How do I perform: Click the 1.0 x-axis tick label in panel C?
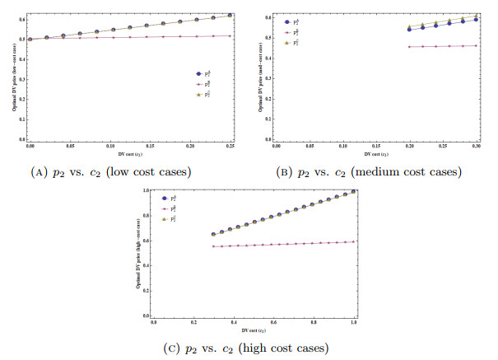click(x=352, y=322)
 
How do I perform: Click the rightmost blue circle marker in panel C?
click(x=352, y=192)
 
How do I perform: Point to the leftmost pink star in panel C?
click(x=213, y=246)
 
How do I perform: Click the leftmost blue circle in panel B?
click(x=409, y=30)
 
